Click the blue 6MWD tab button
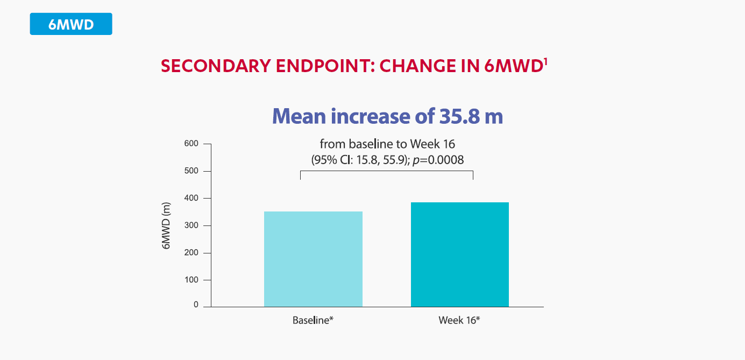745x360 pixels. pos(71,24)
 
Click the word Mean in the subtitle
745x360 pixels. pos(299,116)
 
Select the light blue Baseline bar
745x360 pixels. pos(313,259)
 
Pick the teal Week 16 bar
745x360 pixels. pos(459,255)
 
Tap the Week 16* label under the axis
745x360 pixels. pos(459,321)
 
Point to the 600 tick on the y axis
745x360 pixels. pos(191,144)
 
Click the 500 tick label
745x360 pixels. pos(191,171)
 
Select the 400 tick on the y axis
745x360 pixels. pos(191,198)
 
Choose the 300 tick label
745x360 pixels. pos(191,225)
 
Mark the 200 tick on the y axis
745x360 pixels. pos(191,252)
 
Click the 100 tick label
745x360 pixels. pos(191,280)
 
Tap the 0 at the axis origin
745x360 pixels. pos(196,305)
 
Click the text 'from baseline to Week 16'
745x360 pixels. pos(387,144)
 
